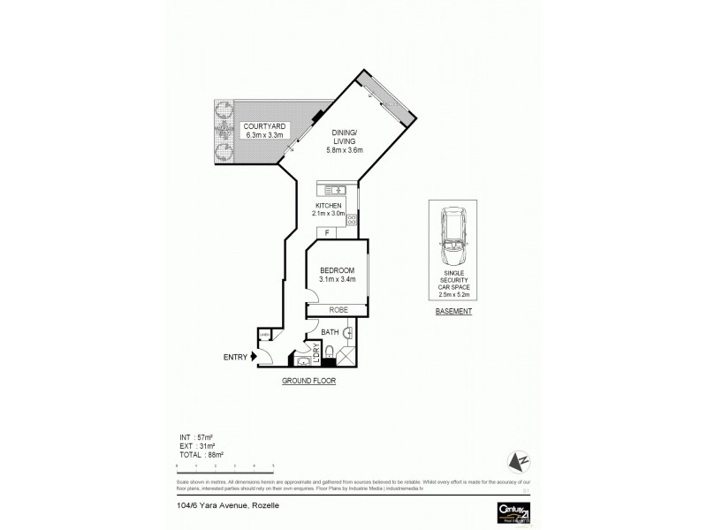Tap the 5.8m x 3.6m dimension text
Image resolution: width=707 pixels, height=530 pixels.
(x=349, y=148)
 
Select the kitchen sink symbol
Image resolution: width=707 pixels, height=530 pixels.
(x=337, y=190)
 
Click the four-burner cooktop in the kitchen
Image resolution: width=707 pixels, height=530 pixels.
(x=352, y=218)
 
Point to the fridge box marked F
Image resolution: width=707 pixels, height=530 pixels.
(x=328, y=233)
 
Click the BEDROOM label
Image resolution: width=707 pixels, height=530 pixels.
(x=337, y=270)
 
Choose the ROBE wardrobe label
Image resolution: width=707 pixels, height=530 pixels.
(x=337, y=310)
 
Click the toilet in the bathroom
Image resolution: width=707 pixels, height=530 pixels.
(x=328, y=355)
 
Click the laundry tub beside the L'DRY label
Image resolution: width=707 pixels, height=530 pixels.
(x=301, y=360)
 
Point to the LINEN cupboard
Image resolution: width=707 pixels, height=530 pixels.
(x=264, y=335)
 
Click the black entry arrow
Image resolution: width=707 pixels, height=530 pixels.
(x=255, y=356)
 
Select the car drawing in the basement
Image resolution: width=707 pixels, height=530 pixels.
(x=455, y=239)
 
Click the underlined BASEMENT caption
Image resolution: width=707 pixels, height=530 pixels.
(x=454, y=312)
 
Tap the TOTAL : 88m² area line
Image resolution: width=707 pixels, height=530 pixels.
(x=201, y=454)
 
